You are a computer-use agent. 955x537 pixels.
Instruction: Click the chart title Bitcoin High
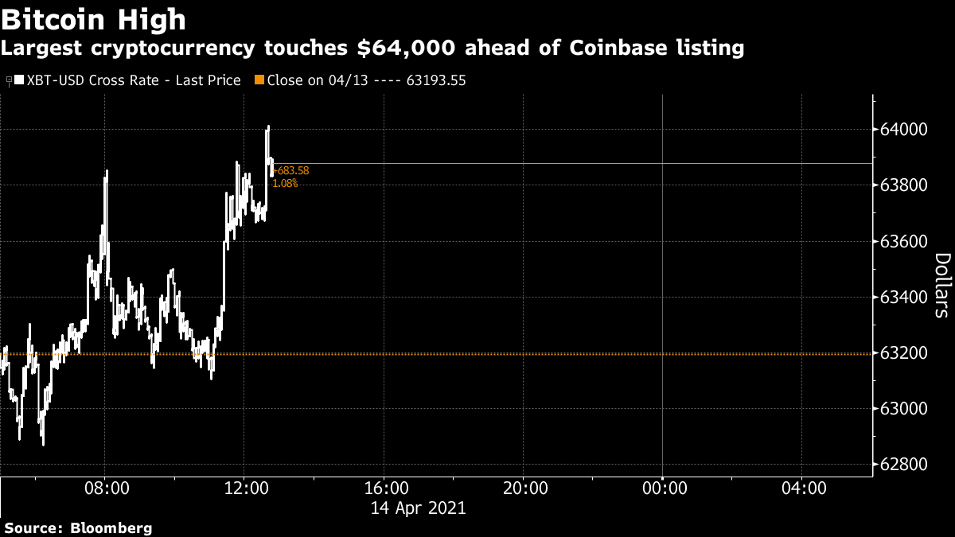pos(93,20)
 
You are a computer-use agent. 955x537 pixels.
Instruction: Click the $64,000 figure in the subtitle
pos(407,48)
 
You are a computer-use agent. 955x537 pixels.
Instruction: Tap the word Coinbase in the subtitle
pos(618,47)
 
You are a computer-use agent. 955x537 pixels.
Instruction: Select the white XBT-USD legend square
pos(19,80)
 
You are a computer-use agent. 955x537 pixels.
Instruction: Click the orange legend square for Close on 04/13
pos(259,80)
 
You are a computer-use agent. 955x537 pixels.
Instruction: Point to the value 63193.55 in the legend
pos(436,80)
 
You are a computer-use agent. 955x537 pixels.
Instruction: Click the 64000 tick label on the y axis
pos(903,129)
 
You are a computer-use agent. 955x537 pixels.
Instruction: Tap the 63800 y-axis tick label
pos(903,185)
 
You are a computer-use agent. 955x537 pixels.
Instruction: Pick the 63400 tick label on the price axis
pos(903,297)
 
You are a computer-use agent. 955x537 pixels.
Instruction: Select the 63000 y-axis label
pos(903,409)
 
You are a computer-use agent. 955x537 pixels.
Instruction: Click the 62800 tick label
pos(903,464)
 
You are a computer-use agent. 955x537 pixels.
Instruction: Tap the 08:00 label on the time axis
pos(107,488)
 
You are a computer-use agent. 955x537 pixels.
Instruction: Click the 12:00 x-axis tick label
pos(246,488)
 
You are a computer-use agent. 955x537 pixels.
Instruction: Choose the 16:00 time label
pos(386,488)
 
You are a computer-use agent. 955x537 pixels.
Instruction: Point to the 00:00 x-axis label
pos(665,488)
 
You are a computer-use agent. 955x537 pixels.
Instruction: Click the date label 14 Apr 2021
pos(419,508)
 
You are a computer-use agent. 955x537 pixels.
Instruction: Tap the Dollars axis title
pos(942,285)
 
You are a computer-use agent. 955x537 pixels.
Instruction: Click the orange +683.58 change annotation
pos(290,171)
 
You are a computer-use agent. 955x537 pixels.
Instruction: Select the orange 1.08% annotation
pos(285,183)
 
